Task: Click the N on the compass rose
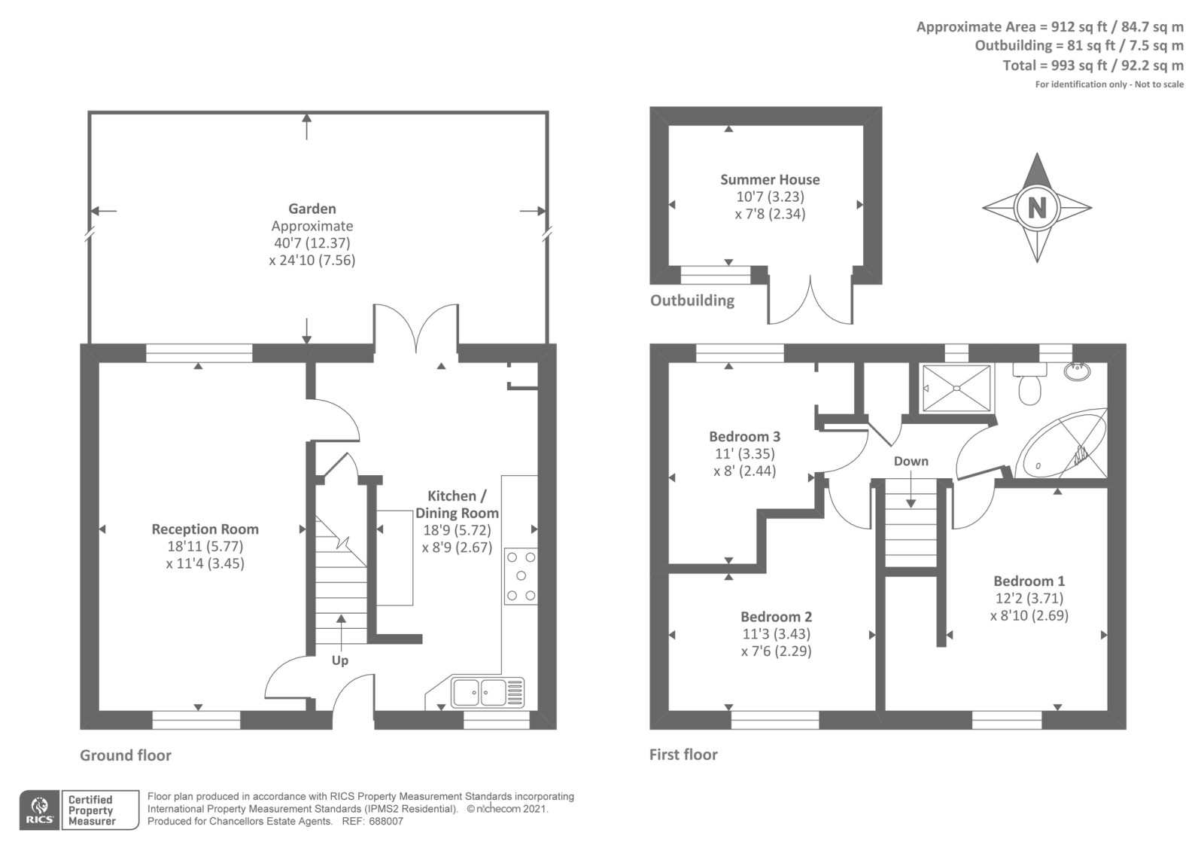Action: click(x=1037, y=207)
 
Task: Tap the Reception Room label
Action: click(x=205, y=529)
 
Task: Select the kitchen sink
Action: click(x=488, y=692)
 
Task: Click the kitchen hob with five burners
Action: click(x=520, y=576)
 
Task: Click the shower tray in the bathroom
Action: click(x=956, y=388)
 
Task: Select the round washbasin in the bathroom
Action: click(x=1077, y=371)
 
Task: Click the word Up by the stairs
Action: click(x=339, y=660)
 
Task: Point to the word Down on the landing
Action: click(x=911, y=461)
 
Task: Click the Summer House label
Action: click(x=770, y=180)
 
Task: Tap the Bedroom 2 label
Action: click(x=776, y=617)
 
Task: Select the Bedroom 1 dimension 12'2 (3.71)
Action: click(x=1029, y=598)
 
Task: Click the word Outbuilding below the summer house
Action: click(x=692, y=300)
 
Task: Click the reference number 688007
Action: click(x=385, y=822)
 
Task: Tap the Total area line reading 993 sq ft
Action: click(x=1093, y=66)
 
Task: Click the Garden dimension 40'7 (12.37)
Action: click(x=312, y=243)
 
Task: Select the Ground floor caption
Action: click(x=126, y=755)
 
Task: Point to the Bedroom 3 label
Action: click(x=744, y=436)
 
